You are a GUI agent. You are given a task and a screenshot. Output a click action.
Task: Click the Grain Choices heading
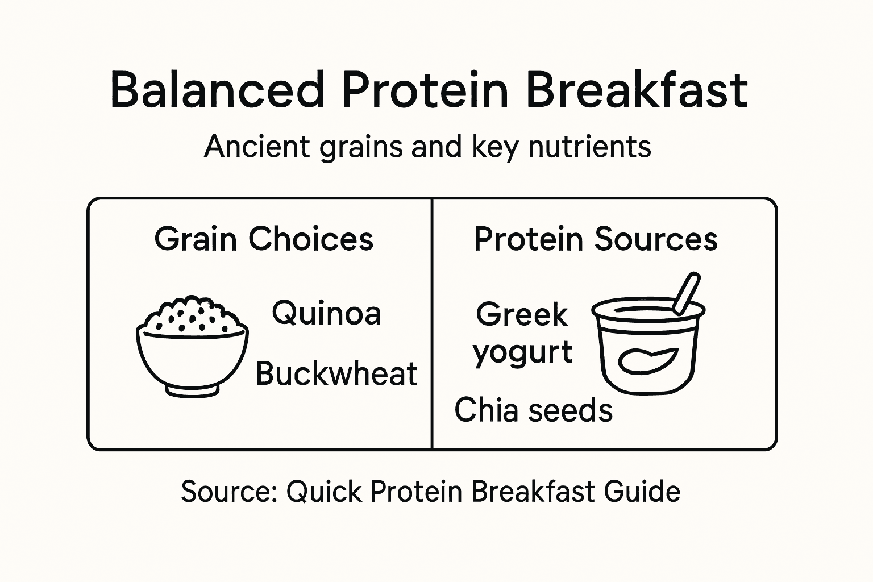[x=264, y=239]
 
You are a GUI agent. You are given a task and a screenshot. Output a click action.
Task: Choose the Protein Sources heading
[x=596, y=239]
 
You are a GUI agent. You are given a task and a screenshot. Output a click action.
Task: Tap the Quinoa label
[x=326, y=313]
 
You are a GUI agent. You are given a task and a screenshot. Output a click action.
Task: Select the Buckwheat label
[x=336, y=373]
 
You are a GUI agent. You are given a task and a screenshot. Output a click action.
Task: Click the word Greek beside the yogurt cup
[x=522, y=314]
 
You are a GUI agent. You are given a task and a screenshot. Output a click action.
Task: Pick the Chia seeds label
[x=533, y=410]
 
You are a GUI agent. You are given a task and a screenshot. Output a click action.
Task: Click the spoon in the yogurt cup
[x=687, y=293]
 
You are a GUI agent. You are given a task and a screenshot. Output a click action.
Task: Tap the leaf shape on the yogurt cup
[x=647, y=360]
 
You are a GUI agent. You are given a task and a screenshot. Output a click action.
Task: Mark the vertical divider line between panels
[x=432, y=324]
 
